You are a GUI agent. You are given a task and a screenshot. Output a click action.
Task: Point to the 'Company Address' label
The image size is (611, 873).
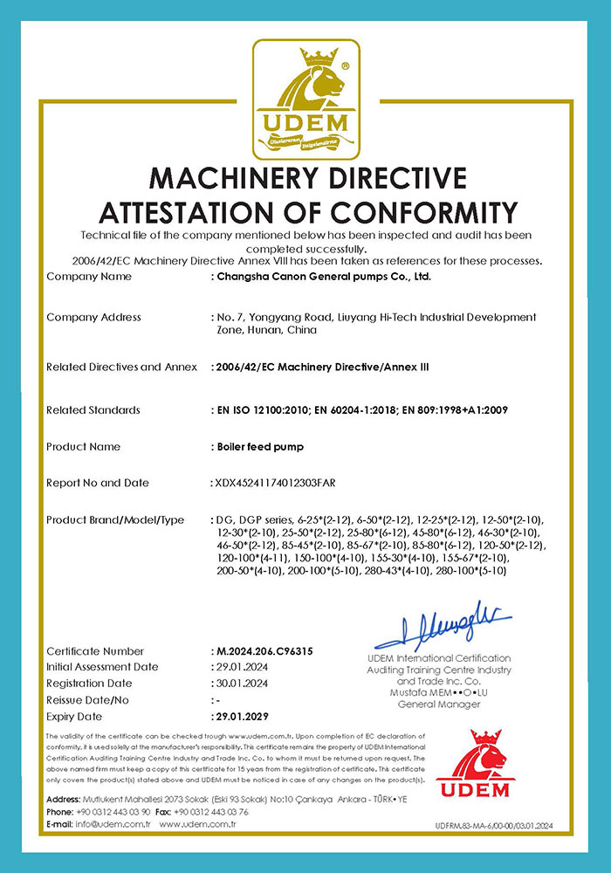click(93, 317)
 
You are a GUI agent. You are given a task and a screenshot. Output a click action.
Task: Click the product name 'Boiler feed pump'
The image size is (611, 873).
click(258, 447)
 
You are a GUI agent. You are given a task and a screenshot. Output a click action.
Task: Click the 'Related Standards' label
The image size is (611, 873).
click(93, 410)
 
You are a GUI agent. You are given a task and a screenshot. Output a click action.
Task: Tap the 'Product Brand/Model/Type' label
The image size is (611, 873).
click(115, 520)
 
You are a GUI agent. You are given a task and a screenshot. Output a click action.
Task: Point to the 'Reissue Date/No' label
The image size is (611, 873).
click(88, 700)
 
